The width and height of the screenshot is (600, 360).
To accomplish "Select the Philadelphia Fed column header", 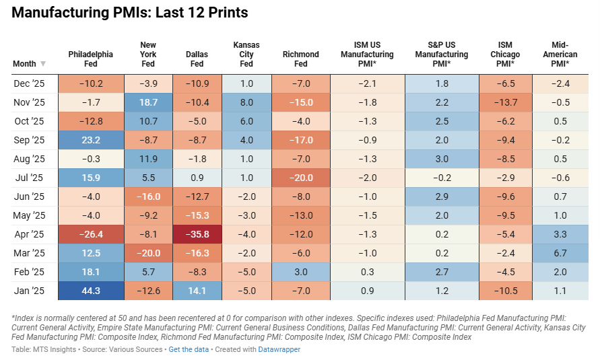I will [x=90, y=59].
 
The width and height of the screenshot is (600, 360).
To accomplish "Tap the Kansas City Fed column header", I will [x=246, y=55].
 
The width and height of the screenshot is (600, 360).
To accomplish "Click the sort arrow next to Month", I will [x=43, y=64].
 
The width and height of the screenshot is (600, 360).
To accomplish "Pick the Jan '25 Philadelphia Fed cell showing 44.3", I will [x=90, y=291].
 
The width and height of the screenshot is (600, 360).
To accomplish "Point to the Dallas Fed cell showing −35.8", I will [x=197, y=234].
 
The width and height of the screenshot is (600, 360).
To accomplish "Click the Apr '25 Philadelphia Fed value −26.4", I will [x=90, y=234].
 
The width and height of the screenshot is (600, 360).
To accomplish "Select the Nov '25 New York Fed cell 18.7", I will [x=148, y=102].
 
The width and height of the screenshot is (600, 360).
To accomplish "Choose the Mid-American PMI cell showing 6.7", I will [x=560, y=253].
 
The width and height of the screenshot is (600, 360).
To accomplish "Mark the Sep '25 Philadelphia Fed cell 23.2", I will [x=90, y=140].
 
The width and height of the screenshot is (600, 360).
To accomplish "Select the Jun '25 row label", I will [x=28, y=196].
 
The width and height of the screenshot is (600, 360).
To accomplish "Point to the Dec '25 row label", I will [x=28, y=83].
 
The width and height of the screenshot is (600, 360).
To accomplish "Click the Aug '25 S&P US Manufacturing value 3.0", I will [x=442, y=159].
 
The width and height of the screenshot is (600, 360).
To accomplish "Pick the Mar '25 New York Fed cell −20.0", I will [x=148, y=253].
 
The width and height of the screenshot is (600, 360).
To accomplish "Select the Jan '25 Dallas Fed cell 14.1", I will [x=197, y=291].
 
